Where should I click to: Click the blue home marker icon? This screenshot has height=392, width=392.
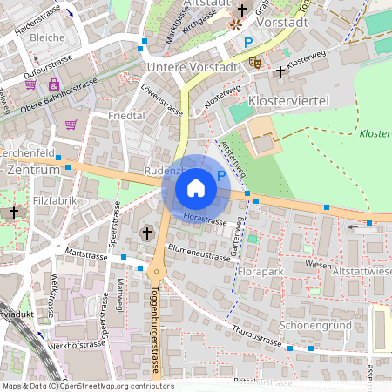[196, 187]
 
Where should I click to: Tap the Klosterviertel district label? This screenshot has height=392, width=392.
[287, 102]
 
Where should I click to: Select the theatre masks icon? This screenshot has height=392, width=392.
[255, 62]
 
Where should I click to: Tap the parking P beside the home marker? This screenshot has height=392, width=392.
[221, 175]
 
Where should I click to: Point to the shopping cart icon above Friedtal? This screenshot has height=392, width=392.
[71, 124]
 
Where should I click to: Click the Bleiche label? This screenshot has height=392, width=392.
[47, 37]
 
